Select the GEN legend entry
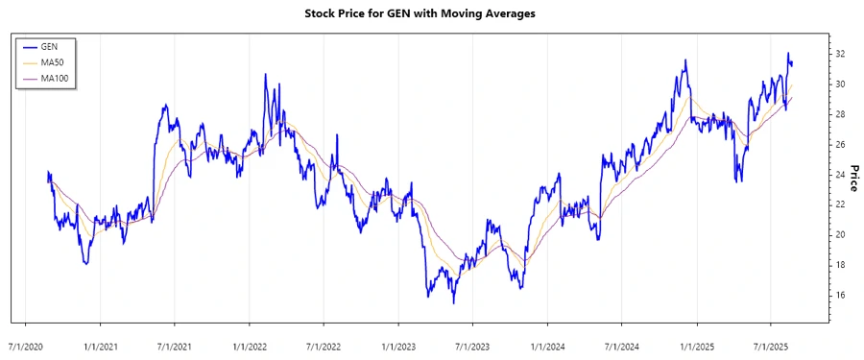point(49,46)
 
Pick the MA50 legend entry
point(52,61)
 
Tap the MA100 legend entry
point(54,77)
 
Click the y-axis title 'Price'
point(851,177)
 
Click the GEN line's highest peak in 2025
point(788,53)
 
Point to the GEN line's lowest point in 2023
point(454,303)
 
